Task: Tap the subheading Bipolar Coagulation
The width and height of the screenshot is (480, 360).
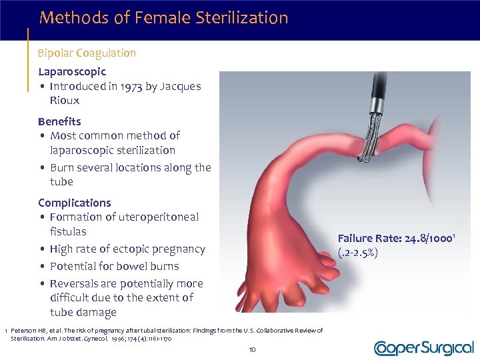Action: [87, 53]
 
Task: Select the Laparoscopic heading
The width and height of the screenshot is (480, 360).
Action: [72, 71]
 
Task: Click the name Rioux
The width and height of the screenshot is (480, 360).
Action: [64, 101]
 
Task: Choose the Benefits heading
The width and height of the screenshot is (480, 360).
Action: [59, 121]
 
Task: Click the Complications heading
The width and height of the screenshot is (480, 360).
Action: [75, 203]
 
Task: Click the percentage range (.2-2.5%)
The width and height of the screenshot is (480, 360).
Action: [358, 253]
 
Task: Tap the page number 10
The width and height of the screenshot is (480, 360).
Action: [252, 349]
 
